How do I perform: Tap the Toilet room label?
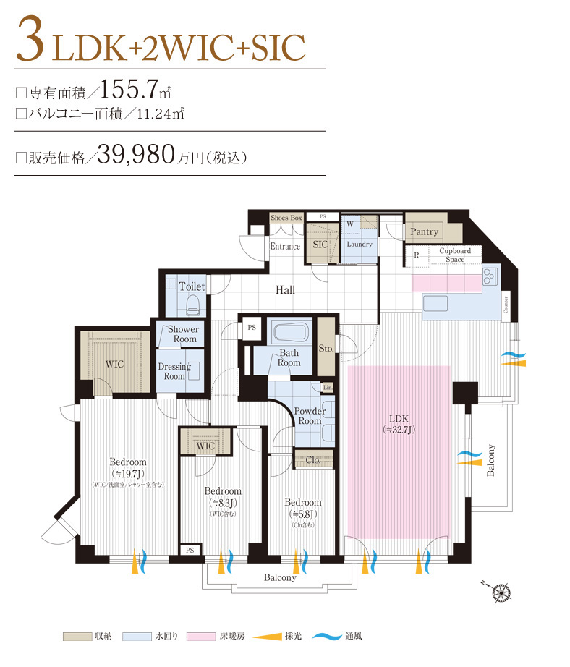(192, 286)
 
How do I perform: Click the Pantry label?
(424, 231)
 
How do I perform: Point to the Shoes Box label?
(286, 217)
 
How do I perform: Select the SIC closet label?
(320, 245)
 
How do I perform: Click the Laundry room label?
(360, 244)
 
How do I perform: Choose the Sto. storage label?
(326, 348)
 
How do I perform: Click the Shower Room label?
(184, 334)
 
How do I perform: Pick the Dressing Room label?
(174, 371)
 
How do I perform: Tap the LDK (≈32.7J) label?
(399, 424)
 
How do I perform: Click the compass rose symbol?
(501, 592)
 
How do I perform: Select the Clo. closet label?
(314, 459)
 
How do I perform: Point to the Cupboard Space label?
(455, 255)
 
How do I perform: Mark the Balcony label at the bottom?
(280, 577)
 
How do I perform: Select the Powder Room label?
(310, 416)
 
